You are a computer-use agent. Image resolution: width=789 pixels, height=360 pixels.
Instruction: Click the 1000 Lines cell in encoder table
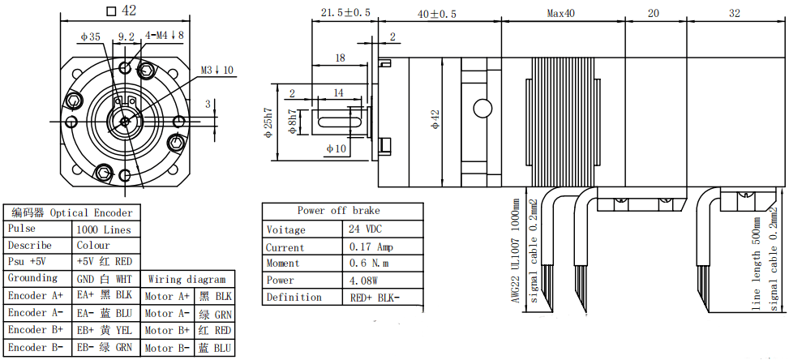tap(104, 229)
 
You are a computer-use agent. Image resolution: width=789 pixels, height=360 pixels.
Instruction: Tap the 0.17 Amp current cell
tap(371, 246)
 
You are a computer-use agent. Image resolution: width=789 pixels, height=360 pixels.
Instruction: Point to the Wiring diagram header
tap(187, 279)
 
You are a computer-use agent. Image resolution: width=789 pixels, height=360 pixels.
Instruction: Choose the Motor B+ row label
tap(168, 330)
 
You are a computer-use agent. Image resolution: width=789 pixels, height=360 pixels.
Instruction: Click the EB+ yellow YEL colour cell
tap(104, 330)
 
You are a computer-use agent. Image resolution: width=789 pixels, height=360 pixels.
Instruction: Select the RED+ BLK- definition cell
tap(375, 297)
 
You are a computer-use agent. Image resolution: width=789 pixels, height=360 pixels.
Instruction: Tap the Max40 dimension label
tap(561, 14)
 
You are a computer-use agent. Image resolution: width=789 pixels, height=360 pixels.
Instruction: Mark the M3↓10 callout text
tap(217, 70)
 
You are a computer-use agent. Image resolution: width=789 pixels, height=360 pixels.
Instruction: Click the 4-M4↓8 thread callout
tap(165, 35)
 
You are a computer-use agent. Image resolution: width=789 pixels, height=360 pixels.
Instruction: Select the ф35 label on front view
tap(91, 36)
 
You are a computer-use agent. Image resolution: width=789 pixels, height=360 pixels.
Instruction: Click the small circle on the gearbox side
tap(482, 108)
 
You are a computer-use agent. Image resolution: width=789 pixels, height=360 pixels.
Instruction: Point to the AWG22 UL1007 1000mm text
tap(515, 251)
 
